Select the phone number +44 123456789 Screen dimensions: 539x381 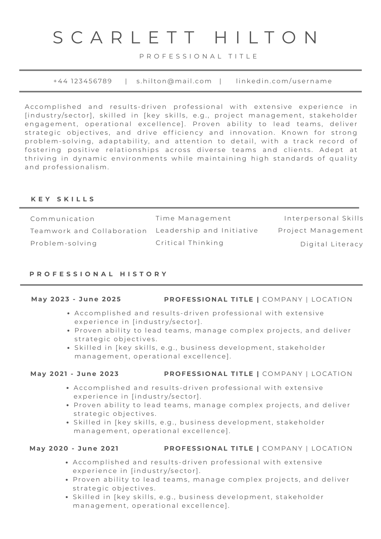(83, 81)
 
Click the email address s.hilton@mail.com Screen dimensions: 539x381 (174, 81)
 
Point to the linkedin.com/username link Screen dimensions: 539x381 (284, 81)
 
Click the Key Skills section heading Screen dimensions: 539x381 (63, 199)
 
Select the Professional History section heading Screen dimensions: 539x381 (99, 274)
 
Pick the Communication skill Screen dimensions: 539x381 (63, 219)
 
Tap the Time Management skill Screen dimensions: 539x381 (193, 218)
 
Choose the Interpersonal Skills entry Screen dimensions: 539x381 (324, 218)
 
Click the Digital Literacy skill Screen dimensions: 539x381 (332, 244)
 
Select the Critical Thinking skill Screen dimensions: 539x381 (190, 243)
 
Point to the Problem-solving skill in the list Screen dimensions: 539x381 (64, 243)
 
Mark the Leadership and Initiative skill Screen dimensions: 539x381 (207, 230)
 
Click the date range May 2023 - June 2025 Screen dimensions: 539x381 (76, 299)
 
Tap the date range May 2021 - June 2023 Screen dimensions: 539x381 (75, 374)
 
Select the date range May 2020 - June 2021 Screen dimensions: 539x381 (74, 448)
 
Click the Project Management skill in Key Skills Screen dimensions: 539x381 (321, 230)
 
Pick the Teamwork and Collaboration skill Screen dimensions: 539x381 (89, 231)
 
